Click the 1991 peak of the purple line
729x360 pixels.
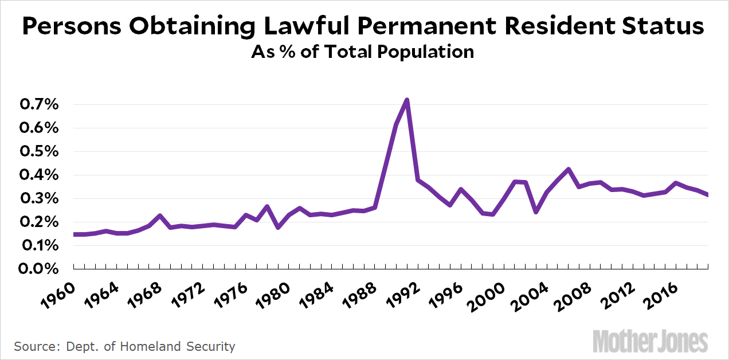406,100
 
